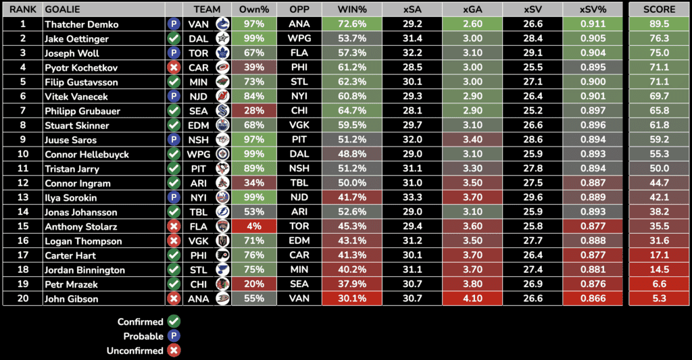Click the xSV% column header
click(593, 9)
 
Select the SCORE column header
click(659, 9)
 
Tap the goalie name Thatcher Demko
click(81, 24)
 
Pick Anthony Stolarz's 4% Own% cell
click(253, 227)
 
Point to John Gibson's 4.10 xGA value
click(472, 299)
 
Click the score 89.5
click(659, 24)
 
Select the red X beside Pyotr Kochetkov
click(174, 68)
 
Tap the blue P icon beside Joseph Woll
click(174, 53)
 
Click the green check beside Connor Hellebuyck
click(174, 155)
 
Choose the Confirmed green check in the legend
click(174, 322)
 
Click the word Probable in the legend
click(143, 336)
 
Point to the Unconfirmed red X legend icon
click(174, 351)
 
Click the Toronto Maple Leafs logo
click(222, 53)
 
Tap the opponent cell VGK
click(299, 126)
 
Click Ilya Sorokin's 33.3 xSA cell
click(412, 198)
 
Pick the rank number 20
click(22, 299)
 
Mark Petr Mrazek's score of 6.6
click(659, 284)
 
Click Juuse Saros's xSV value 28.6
click(533, 140)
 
